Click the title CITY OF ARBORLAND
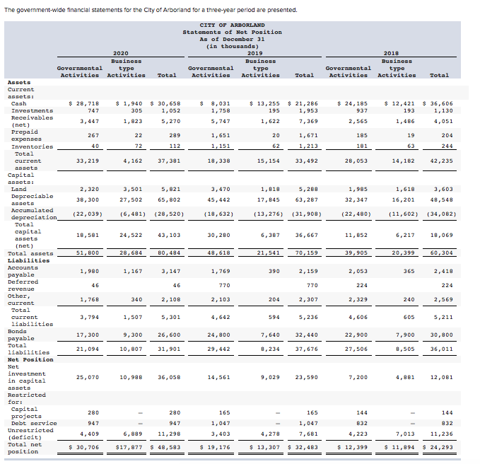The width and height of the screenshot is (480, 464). click(x=232, y=25)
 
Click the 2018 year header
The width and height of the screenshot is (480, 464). click(x=391, y=53)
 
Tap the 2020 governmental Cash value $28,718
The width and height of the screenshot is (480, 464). click(x=83, y=103)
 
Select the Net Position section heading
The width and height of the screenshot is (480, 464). click(x=30, y=359)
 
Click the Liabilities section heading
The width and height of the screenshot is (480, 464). click(x=28, y=260)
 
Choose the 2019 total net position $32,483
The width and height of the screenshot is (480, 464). click(x=304, y=447)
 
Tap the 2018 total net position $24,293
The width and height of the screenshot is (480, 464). click(x=437, y=447)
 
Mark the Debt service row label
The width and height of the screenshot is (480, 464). click(x=32, y=422)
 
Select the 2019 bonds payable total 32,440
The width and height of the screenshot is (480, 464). click(x=305, y=335)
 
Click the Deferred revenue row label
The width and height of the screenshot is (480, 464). click(x=23, y=285)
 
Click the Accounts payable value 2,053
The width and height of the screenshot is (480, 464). click(x=358, y=271)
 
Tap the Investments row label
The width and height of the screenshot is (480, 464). click(x=32, y=110)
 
